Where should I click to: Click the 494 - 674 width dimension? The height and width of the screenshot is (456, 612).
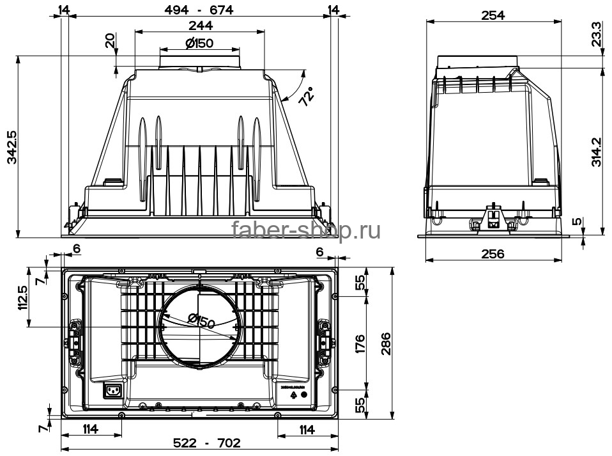pyautogui.click(x=200, y=10)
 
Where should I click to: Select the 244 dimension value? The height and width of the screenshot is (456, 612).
pyautogui.click(x=200, y=26)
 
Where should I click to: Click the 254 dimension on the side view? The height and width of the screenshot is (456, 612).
pyautogui.click(x=493, y=15)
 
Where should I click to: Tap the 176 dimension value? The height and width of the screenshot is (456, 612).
pyautogui.click(x=359, y=343)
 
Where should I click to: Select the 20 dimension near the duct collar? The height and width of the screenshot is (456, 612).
pyautogui.click(x=109, y=42)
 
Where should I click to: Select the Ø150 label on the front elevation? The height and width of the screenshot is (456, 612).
pyautogui.click(x=199, y=43)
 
